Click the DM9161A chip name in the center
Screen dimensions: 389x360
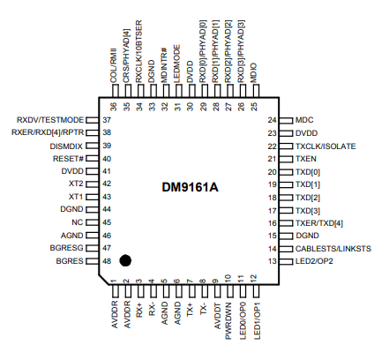190,187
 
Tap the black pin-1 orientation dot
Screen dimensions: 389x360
125,260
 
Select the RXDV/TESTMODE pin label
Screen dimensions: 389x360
50,120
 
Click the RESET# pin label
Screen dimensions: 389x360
68,159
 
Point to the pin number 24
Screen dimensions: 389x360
273,120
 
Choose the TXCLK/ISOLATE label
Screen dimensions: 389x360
325,146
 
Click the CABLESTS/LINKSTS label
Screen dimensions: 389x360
333,249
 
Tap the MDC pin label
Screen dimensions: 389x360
304,120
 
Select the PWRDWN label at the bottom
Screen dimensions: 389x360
228,321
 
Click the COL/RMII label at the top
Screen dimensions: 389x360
114,65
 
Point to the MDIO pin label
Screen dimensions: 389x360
254,73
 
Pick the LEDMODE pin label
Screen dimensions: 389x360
177,64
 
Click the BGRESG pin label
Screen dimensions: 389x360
67,248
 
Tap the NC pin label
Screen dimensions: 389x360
78,222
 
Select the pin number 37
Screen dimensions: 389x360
107,120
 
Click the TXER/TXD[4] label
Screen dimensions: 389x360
319,223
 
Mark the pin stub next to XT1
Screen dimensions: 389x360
92,197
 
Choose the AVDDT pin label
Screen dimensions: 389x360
216,316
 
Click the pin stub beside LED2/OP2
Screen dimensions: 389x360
286,261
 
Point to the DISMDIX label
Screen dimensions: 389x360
66,146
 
